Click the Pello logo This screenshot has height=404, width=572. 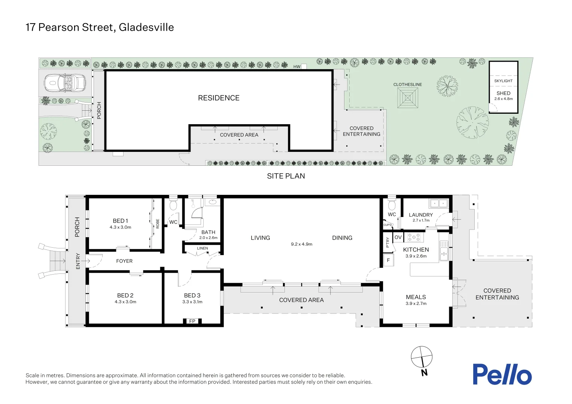click(502, 374)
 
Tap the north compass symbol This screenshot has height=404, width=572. click(422, 357)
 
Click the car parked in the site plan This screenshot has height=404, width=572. click(65, 83)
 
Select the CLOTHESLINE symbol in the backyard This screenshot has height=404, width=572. click(408, 98)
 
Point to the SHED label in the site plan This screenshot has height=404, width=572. click(503, 93)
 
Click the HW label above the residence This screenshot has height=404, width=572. click(297, 67)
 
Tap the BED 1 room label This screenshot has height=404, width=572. click(121, 221)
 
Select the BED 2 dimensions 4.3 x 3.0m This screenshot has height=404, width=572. click(125, 302)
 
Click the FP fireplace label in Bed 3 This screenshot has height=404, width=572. click(192, 321)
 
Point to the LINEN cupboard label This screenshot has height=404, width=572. click(203, 248)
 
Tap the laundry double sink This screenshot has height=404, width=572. click(438, 203)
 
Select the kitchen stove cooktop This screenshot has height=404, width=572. click(414, 237)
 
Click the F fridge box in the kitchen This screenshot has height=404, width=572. click(388, 260)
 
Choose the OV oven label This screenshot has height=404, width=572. click(398, 237)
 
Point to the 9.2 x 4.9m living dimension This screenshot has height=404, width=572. click(301, 244)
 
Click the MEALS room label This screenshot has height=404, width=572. click(416, 297)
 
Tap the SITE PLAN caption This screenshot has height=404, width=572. click(286, 176)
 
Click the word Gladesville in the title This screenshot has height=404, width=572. click(146, 27)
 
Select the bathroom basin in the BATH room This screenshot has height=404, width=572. click(213, 202)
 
